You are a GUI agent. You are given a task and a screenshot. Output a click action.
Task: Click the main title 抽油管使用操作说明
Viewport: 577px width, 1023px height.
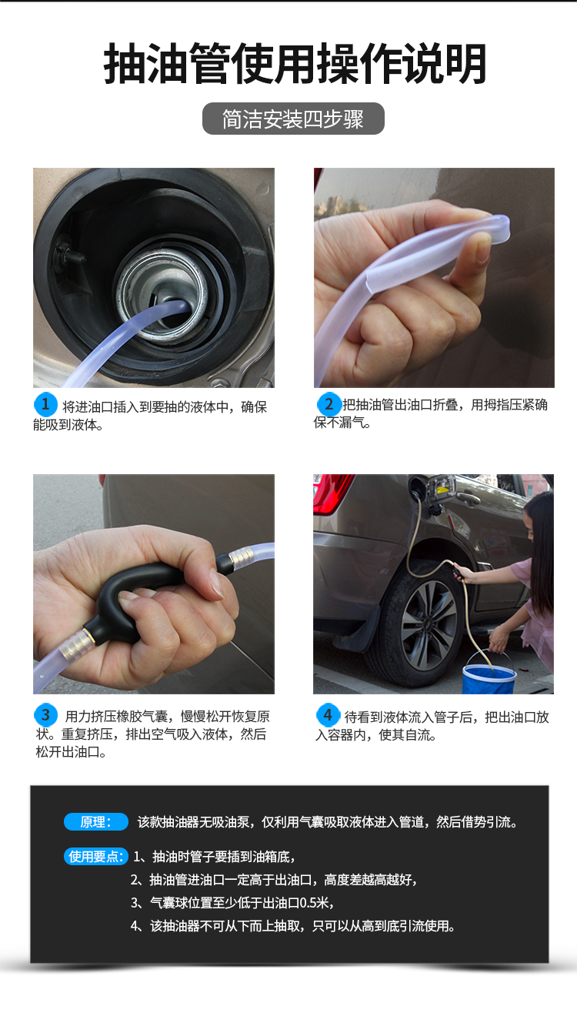pyautogui.click(x=295, y=65)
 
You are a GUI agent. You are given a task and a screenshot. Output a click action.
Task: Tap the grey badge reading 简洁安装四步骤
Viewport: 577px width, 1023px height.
pyautogui.click(x=293, y=119)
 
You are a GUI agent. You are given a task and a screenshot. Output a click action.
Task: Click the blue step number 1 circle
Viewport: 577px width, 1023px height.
pyautogui.click(x=45, y=404)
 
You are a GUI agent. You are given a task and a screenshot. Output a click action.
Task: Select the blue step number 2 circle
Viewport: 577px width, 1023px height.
pyautogui.click(x=329, y=404)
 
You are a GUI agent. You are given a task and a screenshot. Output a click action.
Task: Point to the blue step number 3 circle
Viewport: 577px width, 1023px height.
pyautogui.click(x=45, y=714)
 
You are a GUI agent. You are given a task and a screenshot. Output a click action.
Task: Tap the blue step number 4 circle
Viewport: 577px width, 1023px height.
pyautogui.click(x=328, y=714)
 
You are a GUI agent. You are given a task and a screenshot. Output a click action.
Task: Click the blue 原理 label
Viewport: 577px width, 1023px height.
pyautogui.click(x=95, y=822)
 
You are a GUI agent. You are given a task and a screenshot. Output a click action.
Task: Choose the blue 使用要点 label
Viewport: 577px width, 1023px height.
pyautogui.click(x=95, y=857)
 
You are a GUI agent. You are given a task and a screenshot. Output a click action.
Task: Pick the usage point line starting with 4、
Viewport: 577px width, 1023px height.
pyautogui.click(x=293, y=926)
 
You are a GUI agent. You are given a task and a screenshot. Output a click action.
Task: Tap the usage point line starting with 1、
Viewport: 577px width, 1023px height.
pyautogui.click(x=214, y=857)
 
